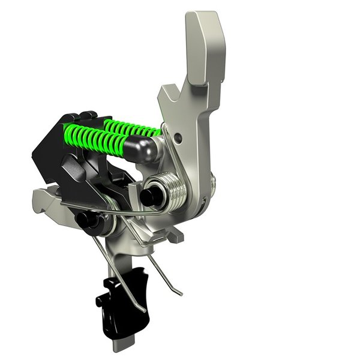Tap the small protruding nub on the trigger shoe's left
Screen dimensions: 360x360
click(100, 298)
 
